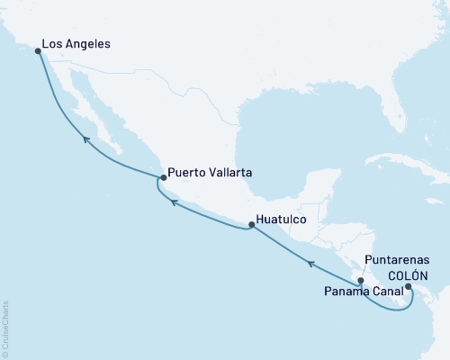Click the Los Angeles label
click(x=82, y=41)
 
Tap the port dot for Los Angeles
click(x=38, y=51)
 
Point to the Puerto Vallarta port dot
click(x=163, y=177)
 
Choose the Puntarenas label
click(x=396, y=261)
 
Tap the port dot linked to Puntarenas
click(x=360, y=281)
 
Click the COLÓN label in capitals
click(x=408, y=275)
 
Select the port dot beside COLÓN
click(x=408, y=288)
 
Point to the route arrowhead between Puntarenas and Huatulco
click(x=311, y=263)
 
